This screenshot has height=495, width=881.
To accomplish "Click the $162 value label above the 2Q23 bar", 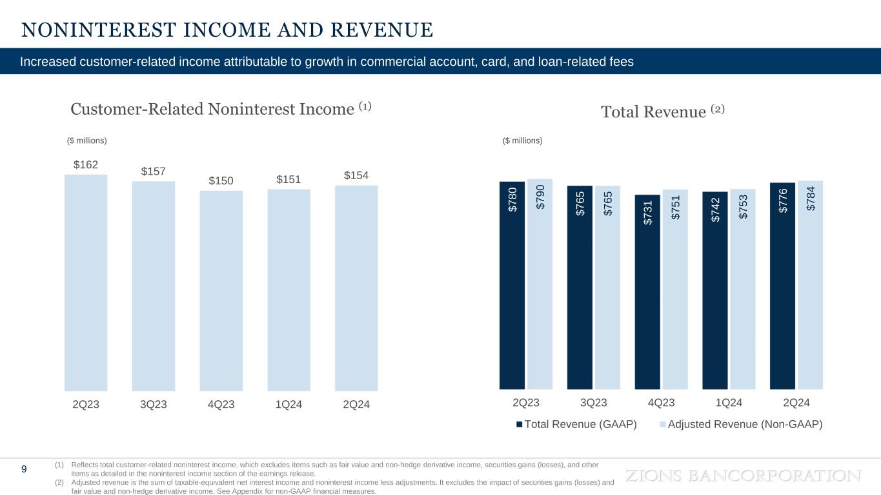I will click(86, 165).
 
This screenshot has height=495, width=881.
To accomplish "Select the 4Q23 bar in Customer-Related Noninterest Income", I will click(221, 290).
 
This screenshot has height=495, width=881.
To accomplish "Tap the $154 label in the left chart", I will click(356, 176).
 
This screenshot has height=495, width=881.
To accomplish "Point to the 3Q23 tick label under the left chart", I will click(154, 405).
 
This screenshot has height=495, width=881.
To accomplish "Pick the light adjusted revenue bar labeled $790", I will click(540, 284).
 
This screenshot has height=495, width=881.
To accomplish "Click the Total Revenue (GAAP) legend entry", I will click(576, 424).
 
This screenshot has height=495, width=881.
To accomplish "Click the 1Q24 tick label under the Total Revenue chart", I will click(729, 403).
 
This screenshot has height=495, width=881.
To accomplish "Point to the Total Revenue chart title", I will click(663, 112).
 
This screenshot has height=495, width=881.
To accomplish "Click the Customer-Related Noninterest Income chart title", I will click(221, 109).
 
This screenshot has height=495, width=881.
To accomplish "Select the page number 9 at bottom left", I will click(24, 469).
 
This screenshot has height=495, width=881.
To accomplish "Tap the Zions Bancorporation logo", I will click(744, 476).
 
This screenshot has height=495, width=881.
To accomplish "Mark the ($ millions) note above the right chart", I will click(523, 141).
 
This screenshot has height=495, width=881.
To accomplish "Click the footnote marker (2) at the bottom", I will click(59, 482).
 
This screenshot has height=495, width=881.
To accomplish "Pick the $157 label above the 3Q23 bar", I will click(154, 171).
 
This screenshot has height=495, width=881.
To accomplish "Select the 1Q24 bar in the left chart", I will click(289, 289).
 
